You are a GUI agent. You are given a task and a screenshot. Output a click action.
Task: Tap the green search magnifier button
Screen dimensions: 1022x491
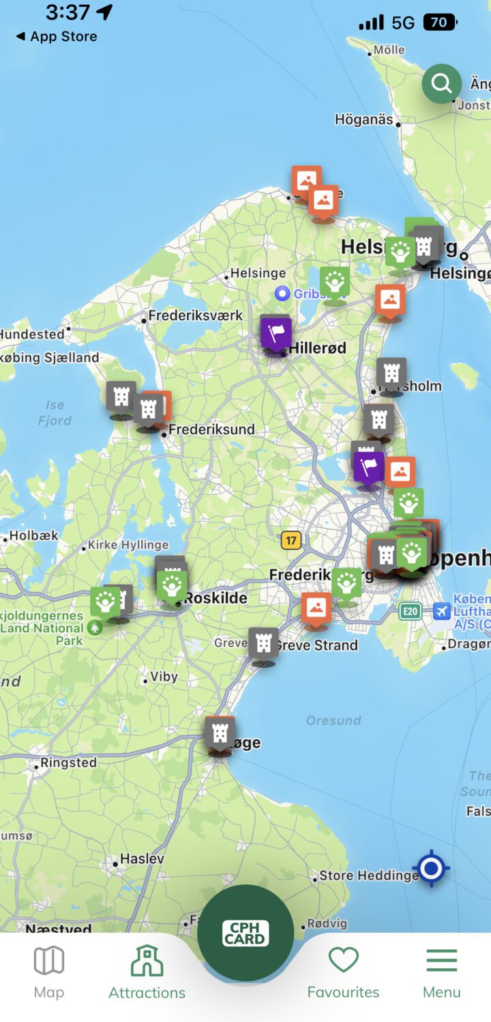pos(441,84)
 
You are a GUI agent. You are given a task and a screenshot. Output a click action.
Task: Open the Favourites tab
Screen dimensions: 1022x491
pos(343,971)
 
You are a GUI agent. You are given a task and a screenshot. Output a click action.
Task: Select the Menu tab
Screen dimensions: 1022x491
pos(441,971)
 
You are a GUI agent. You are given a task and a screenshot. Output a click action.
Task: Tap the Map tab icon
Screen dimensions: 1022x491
pos(49,971)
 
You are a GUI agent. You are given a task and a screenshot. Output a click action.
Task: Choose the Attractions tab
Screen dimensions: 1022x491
pos(147,971)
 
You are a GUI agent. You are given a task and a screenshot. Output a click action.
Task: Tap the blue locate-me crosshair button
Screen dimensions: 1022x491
pos(431,869)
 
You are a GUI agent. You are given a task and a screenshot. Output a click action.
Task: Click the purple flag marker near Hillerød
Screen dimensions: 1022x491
pos(276,334)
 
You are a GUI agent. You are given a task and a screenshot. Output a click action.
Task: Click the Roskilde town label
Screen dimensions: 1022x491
pos(216,598)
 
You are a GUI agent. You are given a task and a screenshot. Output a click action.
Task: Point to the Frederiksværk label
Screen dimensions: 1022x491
pos(196,315)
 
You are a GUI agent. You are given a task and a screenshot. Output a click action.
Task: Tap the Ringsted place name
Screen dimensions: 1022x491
pos(69,762)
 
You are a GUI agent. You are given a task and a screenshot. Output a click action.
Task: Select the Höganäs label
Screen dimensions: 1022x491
pos(363,119)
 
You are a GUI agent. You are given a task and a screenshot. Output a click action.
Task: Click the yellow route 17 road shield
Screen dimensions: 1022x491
pos(291,540)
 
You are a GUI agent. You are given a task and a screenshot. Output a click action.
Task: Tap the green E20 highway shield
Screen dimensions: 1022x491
pos(410,611)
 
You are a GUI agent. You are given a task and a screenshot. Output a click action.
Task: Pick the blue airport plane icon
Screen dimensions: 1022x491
pos(442,611)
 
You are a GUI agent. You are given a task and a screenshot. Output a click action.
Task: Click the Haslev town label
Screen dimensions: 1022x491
pos(142,858)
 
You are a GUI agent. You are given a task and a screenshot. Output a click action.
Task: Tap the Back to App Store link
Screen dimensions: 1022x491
pos(57,37)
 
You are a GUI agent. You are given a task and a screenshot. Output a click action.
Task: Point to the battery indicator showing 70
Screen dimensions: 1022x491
pos(438,22)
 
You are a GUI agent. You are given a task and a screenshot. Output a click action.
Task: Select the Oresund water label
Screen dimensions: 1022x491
pos(333,720)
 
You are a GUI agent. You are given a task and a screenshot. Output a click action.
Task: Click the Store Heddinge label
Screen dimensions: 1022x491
pos(369,875)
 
